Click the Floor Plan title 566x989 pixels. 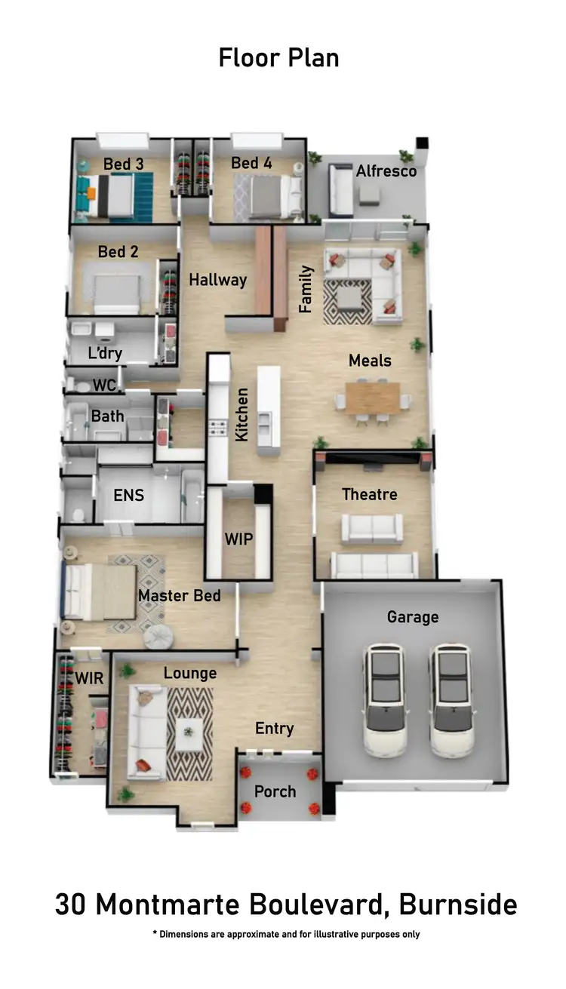pyautogui.click(x=278, y=57)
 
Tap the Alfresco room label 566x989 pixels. pyautogui.click(x=386, y=170)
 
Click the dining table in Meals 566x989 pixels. pyautogui.click(x=372, y=398)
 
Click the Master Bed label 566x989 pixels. pyautogui.click(x=179, y=596)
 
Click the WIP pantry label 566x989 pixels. pyautogui.click(x=238, y=540)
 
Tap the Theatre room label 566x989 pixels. pyautogui.click(x=369, y=495)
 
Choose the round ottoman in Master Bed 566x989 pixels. pyautogui.click(x=158, y=637)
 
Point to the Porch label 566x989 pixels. pyautogui.click(x=275, y=792)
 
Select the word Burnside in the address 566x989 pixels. pyautogui.click(x=458, y=905)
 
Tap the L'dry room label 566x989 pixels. pyautogui.click(x=104, y=353)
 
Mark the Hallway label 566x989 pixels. pyautogui.click(x=217, y=280)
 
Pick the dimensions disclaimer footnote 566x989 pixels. pyautogui.click(x=286, y=934)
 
